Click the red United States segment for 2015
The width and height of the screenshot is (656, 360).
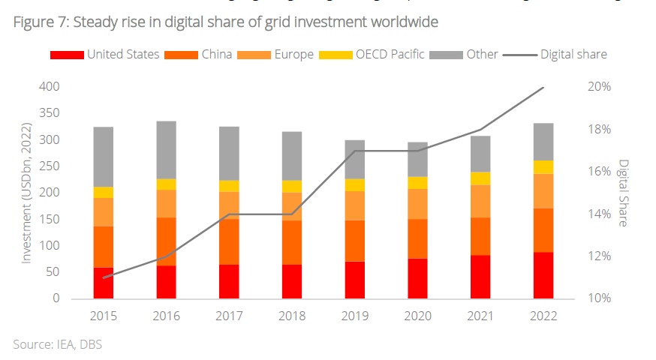coord(103,283)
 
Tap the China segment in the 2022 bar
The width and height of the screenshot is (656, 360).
coord(543,230)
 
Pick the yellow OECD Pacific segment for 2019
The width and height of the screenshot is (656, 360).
coord(354,185)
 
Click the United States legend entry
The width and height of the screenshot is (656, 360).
coord(104,54)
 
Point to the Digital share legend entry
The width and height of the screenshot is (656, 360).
coord(556,54)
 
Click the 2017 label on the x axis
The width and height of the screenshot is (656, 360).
coord(229,316)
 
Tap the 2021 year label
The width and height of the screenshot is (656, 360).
coord(480,316)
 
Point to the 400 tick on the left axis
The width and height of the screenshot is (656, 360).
coord(49,87)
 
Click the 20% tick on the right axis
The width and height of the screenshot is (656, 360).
coord(598,87)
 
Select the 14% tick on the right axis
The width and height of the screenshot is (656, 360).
coord(598,214)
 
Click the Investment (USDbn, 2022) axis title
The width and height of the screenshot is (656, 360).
coord(26,193)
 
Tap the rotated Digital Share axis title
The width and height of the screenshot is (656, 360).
coord(623,193)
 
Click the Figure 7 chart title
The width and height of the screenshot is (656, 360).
coord(225,22)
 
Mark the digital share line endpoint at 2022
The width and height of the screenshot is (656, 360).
coord(543,88)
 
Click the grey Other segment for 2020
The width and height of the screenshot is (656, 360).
coord(417,159)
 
